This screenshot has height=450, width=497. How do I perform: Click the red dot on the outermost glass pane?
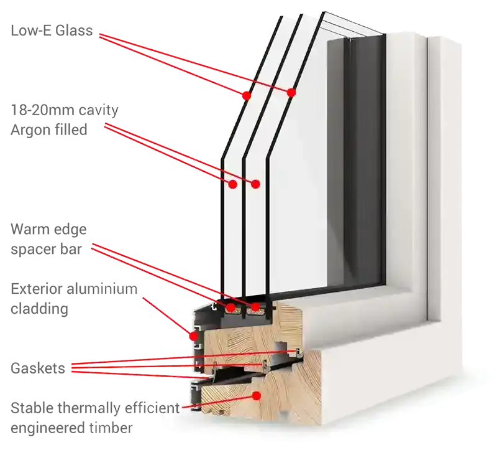(x=247, y=96)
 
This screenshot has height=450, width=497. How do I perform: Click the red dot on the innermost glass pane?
(x=291, y=93)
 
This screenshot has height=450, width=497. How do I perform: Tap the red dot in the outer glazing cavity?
(x=233, y=184)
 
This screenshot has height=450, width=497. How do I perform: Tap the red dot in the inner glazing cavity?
(x=255, y=184)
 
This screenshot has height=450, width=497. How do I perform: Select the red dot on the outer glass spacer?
(x=230, y=307)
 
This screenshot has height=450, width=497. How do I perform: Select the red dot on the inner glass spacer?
(x=255, y=307)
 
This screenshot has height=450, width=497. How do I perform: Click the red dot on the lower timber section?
(x=255, y=395)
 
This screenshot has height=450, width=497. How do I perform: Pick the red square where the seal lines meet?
(x=75, y=367)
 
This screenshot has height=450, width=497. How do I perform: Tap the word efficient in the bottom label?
(x=155, y=408)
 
